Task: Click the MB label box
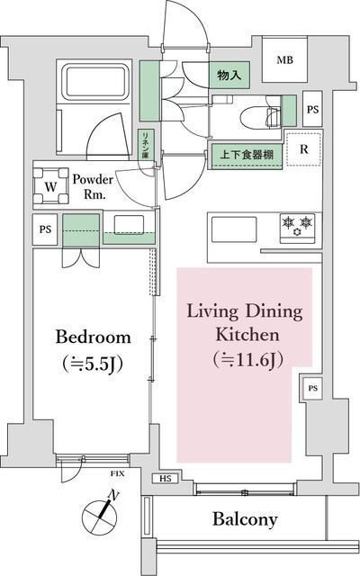[284, 61]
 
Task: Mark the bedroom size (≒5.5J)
[93, 365]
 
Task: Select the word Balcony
[245, 519]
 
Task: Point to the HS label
[166, 478]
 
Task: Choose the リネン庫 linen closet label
[143, 146]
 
